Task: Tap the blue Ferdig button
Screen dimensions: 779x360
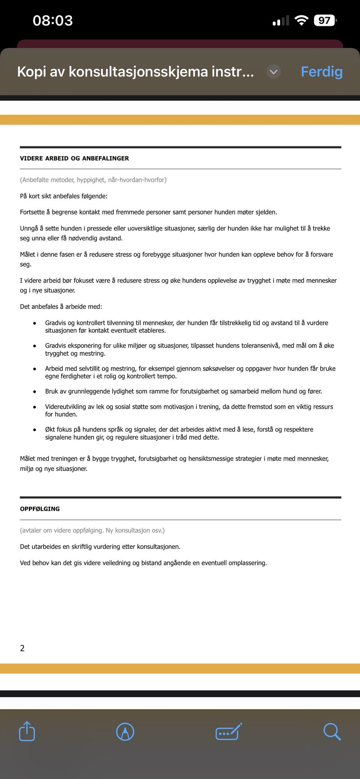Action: [x=321, y=71]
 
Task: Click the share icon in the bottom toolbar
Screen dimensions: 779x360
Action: [x=27, y=731]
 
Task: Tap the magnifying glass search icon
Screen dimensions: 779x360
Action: [x=331, y=731]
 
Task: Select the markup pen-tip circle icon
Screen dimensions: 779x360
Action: [x=125, y=731]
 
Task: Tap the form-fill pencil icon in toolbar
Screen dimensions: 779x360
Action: [x=228, y=731]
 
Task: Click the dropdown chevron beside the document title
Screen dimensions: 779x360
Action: [x=273, y=71]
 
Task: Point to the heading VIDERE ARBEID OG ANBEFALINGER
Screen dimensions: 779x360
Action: [x=74, y=158]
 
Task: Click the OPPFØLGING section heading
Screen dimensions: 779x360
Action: [x=40, y=509]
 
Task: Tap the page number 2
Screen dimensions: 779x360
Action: [x=22, y=648]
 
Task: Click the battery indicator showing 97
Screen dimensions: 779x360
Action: [x=325, y=20]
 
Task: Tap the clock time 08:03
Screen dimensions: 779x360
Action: [x=52, y=20]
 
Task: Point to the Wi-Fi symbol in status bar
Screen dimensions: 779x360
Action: [x=301, y=20]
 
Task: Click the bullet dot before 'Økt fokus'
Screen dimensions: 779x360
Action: [x=34, y=430]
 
